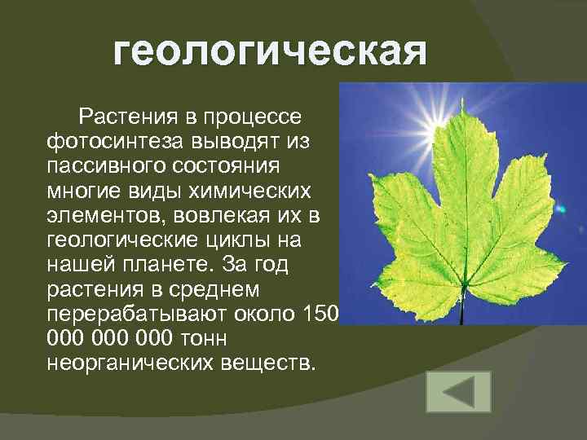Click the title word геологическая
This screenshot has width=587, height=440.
click(x=270, y=53)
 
